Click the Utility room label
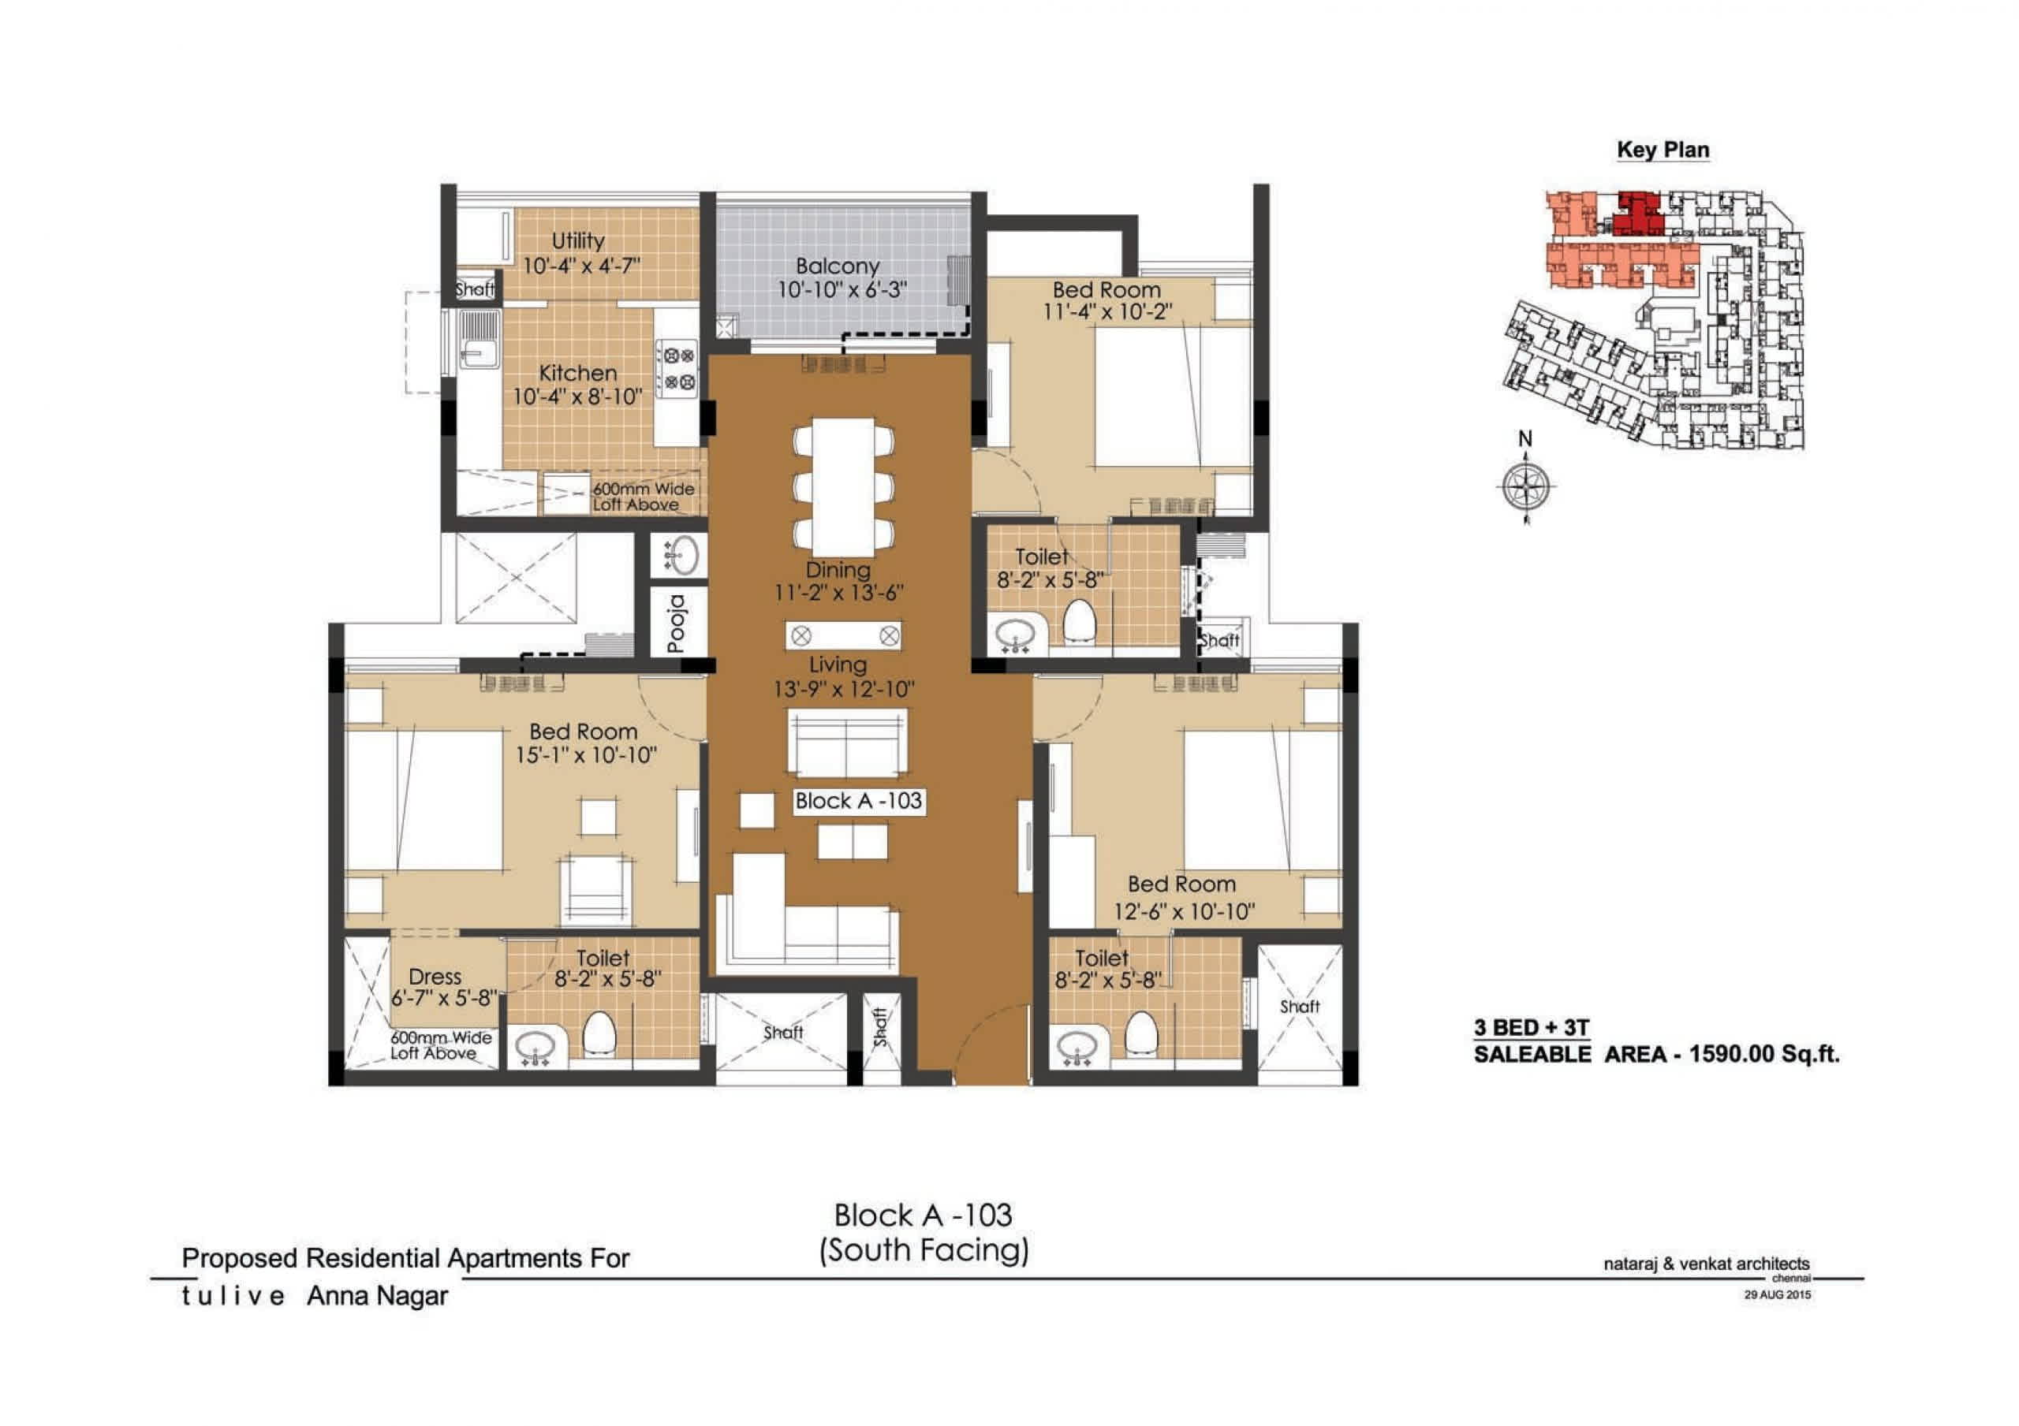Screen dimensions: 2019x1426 (578, 240)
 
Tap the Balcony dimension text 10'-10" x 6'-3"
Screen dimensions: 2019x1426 (841, 289)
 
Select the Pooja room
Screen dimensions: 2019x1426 (678, 623)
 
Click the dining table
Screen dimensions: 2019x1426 (842, 486)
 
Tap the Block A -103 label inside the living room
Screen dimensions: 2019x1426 (858, 801)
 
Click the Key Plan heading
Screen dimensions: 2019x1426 (1663, 150)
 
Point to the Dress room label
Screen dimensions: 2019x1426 (435, 976)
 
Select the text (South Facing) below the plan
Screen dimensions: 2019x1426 (924, 1249)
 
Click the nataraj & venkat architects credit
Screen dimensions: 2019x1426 (1706, 1264)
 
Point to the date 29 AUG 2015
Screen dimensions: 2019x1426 (1777, 1294)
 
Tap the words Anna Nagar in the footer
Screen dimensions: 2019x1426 (377, 1296)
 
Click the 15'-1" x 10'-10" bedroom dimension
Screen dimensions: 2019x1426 (586, 754)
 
